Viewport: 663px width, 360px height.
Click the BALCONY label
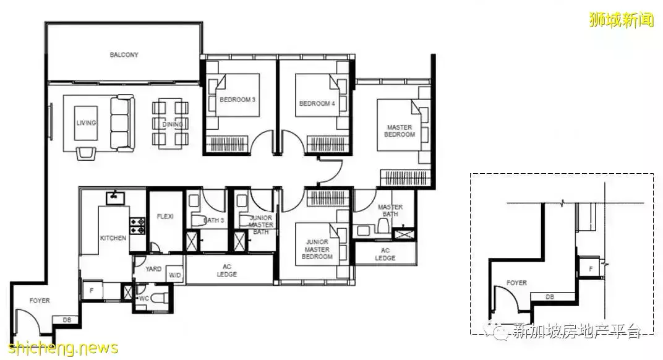click(124, 54)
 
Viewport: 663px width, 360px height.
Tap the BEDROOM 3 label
click(237, 100)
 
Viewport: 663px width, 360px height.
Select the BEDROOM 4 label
click(317, 103)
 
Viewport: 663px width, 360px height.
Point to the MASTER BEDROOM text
click(400, 131)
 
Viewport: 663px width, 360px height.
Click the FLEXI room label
click(165, 216)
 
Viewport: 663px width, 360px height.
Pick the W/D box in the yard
click(174, 275)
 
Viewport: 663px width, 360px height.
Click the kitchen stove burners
click(137, 226)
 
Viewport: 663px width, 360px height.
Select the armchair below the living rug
click(86, 153)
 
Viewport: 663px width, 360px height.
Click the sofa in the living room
click(122, 123)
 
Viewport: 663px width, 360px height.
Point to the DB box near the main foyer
click(67, 320)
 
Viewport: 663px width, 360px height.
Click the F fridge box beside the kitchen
click(92, 291)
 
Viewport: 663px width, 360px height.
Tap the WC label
click(144, 298)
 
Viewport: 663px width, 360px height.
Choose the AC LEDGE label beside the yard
click(227, 270)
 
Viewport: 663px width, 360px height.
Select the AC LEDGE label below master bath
click(385, 254)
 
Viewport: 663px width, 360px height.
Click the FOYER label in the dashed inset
click(516, 283)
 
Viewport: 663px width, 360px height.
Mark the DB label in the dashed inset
click(550, 297)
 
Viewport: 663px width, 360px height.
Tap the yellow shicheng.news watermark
click(64, 348)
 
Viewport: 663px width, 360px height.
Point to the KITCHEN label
click(113, 238)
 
